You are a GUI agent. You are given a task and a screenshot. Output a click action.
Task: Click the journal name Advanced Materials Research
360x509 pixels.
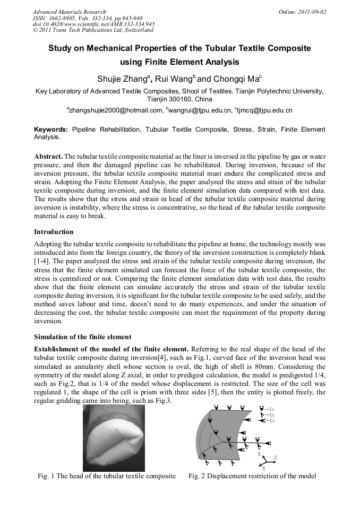(69, 12)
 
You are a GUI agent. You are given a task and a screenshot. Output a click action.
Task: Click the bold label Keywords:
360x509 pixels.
(51, 129)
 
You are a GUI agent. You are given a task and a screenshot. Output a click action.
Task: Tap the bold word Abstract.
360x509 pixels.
(48, 157)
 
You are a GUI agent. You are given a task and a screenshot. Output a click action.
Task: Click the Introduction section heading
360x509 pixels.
(54, 232)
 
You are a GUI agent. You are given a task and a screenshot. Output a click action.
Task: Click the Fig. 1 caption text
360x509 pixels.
(106, 476)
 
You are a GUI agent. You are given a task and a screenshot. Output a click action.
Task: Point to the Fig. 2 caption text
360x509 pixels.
(252, 476)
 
